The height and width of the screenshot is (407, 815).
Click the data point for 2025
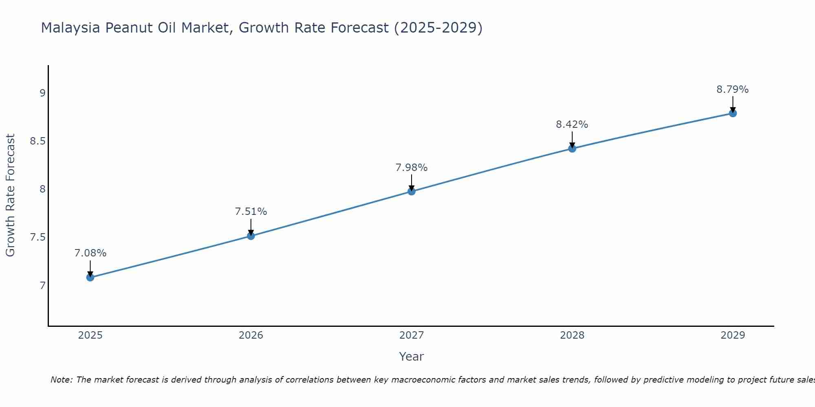(90, 278)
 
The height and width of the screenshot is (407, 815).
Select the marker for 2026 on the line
(251, 236)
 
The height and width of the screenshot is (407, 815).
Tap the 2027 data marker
(412, 191)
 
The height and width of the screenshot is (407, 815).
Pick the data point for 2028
(572, 149)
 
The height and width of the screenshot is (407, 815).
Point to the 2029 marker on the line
(733, 113)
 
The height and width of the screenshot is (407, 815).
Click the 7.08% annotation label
(90, 253)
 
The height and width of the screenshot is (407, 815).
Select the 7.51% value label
(251, 212)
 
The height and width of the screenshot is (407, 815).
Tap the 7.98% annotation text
(412, 168)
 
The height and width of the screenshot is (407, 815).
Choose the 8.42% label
(572, 125)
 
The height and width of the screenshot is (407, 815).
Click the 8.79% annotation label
(733, 90)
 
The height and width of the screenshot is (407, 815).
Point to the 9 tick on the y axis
(42, 93)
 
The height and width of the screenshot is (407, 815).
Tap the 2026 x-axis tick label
(251, 335)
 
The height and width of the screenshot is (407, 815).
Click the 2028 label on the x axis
(572, 335)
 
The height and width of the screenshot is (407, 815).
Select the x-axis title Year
(412, 357)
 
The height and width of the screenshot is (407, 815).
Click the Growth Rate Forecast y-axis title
(10, 195)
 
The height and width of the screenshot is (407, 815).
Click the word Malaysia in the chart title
(70, 28)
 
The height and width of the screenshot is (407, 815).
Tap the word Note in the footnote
(61, 380)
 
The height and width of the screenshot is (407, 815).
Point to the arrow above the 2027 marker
(412, 182)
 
